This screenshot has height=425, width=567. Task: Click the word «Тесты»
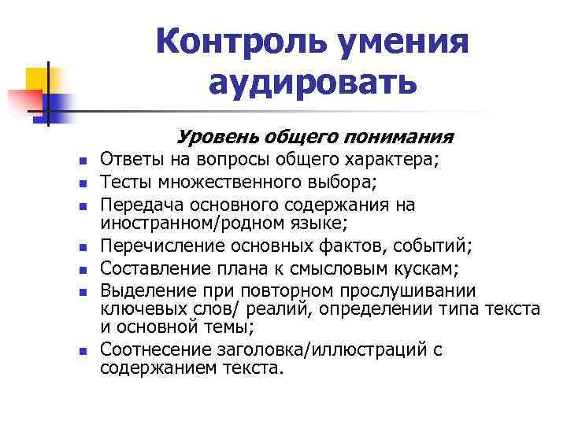click(125, 184)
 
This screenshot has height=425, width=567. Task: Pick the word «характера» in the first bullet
click(389, 161)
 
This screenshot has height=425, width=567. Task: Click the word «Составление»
click(150, 268)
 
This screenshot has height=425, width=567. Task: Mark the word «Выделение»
click(144, 289)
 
